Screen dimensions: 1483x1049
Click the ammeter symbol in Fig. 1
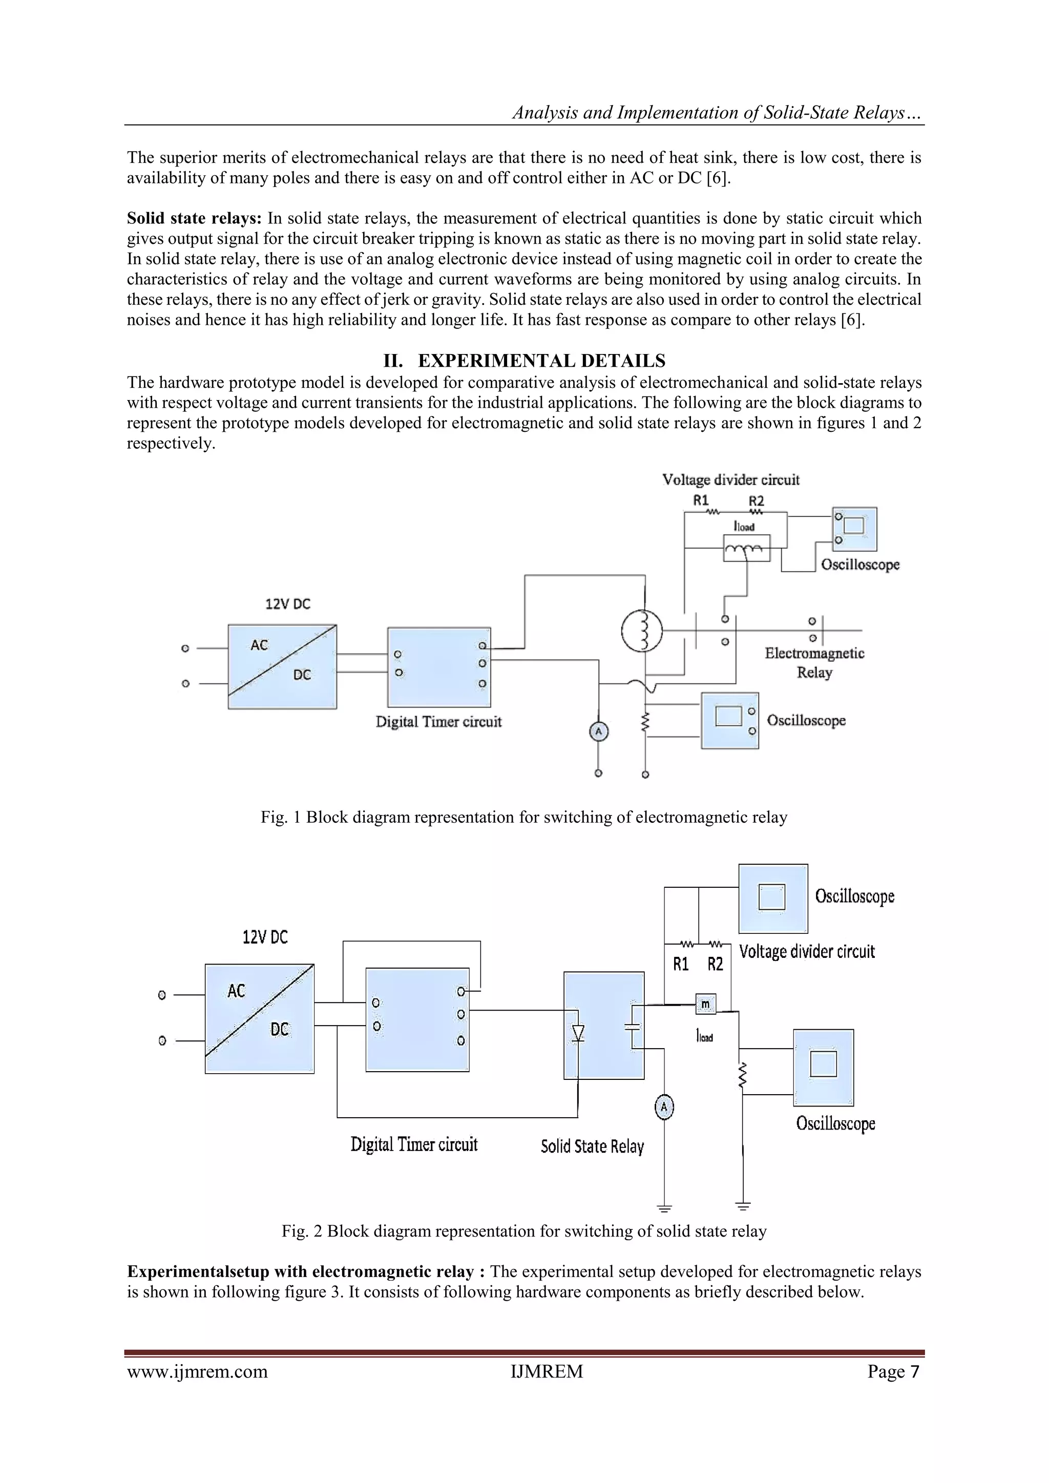click(x=598, y=731)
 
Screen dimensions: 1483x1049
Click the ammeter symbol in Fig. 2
click(x=664, y=1108)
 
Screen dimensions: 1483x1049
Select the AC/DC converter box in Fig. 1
click(x=282, y=666)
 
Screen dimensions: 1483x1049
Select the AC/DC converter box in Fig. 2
click(x=260, y=1018)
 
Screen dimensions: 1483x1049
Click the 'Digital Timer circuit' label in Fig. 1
click(x=438, y=721)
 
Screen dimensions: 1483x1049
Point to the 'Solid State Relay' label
click(x=592, y=1146)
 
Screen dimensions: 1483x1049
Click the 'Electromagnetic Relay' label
click(x=814, y=663)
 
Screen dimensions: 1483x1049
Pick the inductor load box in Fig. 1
click(x=746, y=548)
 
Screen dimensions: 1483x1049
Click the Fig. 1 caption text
click(x=524, y=817)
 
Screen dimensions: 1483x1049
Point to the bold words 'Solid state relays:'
click(x=194, y=218)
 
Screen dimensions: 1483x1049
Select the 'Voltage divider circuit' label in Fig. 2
click(x=807, y=951)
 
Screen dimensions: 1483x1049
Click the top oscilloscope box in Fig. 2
click(x=772, y=899)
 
